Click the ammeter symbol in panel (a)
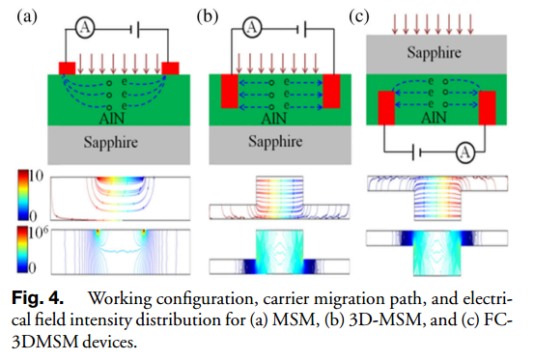coord(85,28)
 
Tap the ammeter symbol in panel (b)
coord(252,27)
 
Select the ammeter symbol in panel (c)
coord(465,152)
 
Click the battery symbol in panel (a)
coord(135,30)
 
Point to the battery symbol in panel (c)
coord(417,152)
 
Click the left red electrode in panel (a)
coord(67,69)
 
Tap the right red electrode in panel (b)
coord(331,91)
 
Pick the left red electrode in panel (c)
coord(386,108)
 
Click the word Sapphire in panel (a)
coord(111,142)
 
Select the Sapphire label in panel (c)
coord(434,53)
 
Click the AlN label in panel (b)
coord(274,119)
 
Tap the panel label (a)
coord(27,16)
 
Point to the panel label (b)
coord(208,16)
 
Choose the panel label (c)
coord(359,16)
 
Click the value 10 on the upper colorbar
coord(36,176)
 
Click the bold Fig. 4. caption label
coord(38,298)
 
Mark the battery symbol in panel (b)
coord(301,30)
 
